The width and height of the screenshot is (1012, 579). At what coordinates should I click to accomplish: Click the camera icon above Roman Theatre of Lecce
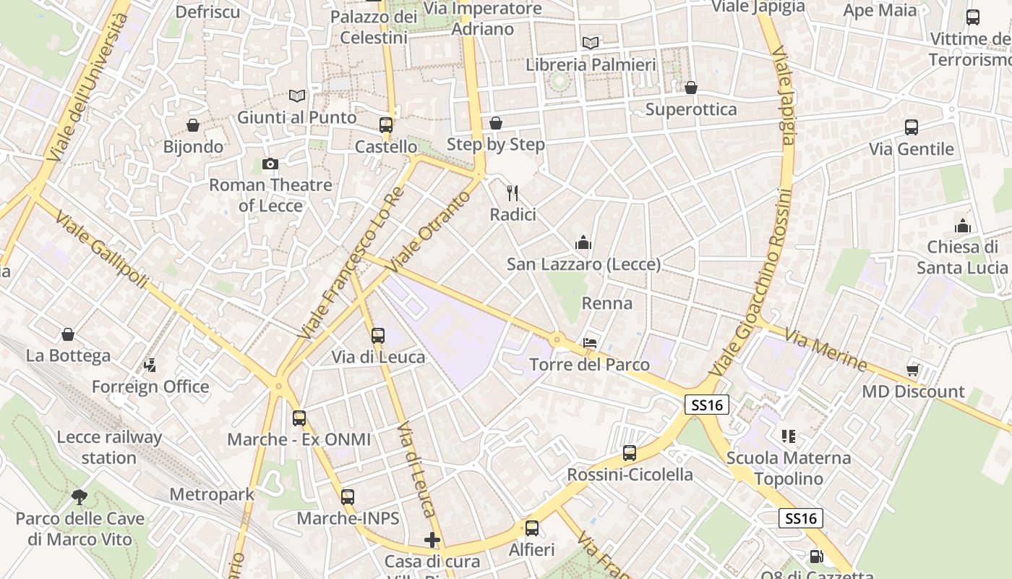pos(270,164)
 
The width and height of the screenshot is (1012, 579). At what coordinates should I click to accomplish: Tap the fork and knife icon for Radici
pos(513,193)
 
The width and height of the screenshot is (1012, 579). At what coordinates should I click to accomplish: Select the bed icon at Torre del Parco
pos(590,343)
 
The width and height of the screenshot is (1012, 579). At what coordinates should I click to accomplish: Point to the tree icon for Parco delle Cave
pos(80,497)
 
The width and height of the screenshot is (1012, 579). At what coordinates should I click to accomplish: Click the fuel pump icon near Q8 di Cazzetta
pos(816,557)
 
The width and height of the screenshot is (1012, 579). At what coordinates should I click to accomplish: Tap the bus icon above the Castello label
pos(386,125)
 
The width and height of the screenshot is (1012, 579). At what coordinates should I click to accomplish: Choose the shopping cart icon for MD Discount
pos(913,371)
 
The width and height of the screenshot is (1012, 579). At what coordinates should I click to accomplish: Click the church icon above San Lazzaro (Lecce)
pos(583,242)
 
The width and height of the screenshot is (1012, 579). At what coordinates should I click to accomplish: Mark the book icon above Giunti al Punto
pos(296,96)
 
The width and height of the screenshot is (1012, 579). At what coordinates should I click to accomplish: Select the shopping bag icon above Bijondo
pos(193,126)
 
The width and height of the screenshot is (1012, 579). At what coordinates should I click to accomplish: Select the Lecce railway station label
pos(109,447)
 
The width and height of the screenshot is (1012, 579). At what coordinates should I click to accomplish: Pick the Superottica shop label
pos(690,109)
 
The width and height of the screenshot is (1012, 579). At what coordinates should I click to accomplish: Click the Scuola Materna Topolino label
pos(788,468)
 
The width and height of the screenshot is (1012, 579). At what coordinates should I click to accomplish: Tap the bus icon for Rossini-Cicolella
pos(630,453)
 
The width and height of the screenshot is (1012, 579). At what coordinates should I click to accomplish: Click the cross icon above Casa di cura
pos(432,540)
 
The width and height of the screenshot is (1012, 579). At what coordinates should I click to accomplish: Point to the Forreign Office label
pos(150,386)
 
